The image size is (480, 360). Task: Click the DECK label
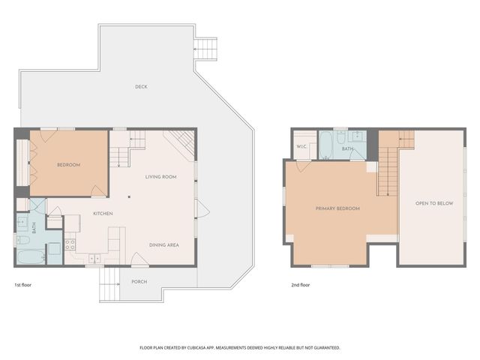[141, 87]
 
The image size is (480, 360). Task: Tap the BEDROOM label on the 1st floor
[68, 164]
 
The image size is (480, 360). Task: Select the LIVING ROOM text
[160, 176]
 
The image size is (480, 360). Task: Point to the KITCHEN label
[103, 214]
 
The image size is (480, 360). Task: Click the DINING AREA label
[163, 244]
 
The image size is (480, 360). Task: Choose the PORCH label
[139, 282]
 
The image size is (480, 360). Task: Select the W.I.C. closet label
[301, 146]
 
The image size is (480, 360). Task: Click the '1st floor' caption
[22, 285]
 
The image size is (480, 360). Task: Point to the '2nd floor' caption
[300, 285]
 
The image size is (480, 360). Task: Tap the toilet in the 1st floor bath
[22, 241]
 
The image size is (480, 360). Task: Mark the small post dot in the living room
[129, 197]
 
